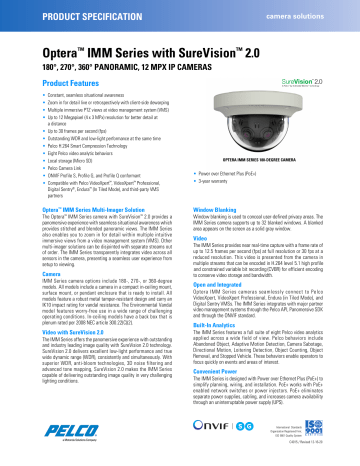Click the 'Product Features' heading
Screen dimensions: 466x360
tap(47, 82)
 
